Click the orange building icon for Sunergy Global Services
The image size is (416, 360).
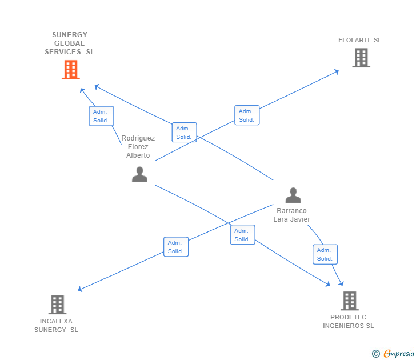pyautogui.click(x=70, y=70)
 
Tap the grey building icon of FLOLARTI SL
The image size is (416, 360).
pyautogui.click(x=361, y=58)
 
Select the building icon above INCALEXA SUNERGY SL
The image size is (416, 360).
pyautogui.click(x=57, y=305)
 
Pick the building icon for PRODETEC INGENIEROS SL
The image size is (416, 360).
pyautogui.click(x=349, y=301)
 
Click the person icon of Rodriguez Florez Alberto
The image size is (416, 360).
pyautogui.click(x=139, y=174)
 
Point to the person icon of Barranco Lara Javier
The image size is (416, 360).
pyautogui.click(x=293, y=195)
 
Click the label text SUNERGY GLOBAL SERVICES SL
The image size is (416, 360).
pyautogui.click(x=70, y=43)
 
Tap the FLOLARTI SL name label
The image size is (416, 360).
pyautogui.click(x=360, y=40)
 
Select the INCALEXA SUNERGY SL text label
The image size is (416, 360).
pyautogui.click(x=56, y=325)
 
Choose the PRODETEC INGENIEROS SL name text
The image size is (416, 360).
pyautogui.click(x=348, y=322)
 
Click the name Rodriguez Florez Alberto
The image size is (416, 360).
pyautogui.click(x=138, y=147)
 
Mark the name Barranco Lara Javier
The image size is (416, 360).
pyautogui.click(x=291, y=215)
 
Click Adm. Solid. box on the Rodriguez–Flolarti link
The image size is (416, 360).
pyautogui.click(x=247, y=115)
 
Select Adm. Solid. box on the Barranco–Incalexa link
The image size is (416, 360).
pyautogui.click(x=176, y=247)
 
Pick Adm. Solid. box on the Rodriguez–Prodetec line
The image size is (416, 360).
pyautogui.click(x=242, y=235)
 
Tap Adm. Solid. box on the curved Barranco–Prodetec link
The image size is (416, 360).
pyautogui.click(x=325, y=254)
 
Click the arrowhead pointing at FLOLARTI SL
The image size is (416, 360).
pyautogui.click(x=337, y=72)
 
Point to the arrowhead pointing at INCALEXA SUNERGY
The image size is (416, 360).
pyautogui.click(x=81, y=289)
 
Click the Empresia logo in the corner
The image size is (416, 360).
pyautogui.click(x=399, y=354)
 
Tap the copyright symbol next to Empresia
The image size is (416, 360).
pyautogui.click(x=376, y=354)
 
